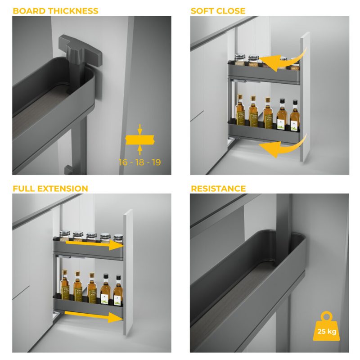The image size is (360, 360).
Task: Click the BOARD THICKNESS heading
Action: click(55, 11)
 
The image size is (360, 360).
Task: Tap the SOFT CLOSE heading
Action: click(218, 11)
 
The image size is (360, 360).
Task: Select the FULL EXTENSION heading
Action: click(50, 189)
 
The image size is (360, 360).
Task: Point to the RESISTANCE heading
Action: click(218, 189)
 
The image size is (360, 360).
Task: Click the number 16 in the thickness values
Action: click(123, 162)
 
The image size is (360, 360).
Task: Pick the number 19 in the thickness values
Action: click(156, 162)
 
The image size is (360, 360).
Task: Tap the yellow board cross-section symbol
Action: click(140, 140)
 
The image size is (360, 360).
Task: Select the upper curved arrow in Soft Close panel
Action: click(285, 60)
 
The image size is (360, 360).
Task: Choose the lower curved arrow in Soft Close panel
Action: click(283, 147)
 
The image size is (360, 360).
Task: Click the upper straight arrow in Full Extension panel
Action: click(94, 244)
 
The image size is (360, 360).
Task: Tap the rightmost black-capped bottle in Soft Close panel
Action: click(295, 116)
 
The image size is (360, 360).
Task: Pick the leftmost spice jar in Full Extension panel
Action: click(64, 235)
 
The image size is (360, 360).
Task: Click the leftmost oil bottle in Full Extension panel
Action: click(64, 285)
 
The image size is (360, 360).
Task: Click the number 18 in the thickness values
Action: click(139, 162)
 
